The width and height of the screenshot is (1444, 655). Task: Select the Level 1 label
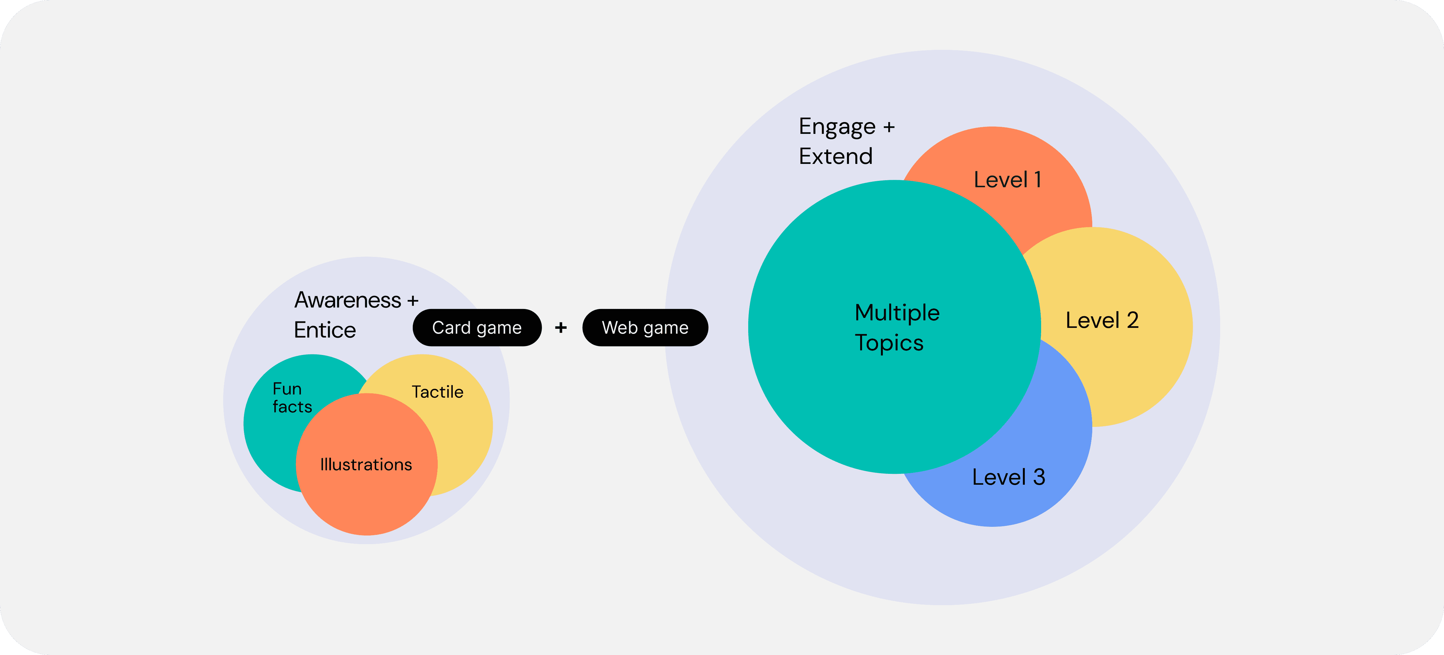click(1007, 180)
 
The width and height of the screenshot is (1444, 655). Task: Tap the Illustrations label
click(366, 465)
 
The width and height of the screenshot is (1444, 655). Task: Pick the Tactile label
click(438, 392)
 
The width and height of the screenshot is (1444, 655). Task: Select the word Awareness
click(348, 300)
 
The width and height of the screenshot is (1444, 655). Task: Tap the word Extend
click(836, 156)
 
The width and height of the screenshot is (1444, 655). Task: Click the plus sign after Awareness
click(413, 301)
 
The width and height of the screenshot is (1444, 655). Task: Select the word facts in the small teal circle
click(292, 407)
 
